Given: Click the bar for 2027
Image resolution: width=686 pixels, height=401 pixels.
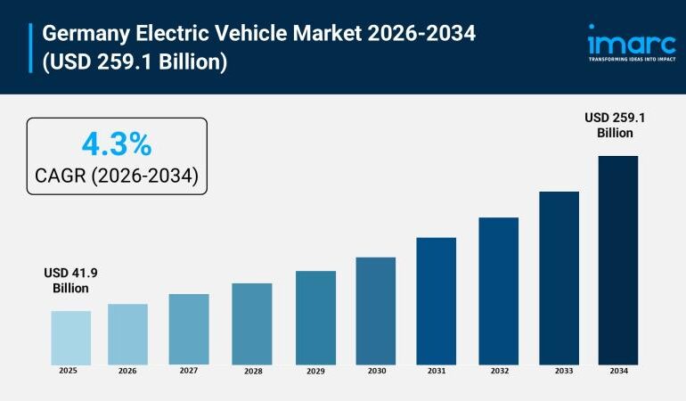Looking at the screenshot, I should point(189,329).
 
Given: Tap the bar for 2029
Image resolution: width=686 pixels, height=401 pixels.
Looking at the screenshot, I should point(315,317).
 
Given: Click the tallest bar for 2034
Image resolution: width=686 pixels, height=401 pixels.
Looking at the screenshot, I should point(617,259).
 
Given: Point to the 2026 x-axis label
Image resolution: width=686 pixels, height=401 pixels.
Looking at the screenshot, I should point(128,371).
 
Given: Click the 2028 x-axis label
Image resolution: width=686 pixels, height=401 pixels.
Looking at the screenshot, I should point(252,371).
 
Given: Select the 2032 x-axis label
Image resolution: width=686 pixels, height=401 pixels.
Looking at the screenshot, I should point(498,371).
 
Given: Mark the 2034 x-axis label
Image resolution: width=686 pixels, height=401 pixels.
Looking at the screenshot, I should point(617,371).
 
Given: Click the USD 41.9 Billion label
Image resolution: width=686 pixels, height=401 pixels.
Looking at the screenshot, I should point(70,281).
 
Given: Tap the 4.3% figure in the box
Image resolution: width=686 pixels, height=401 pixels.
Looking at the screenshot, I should point(117,143).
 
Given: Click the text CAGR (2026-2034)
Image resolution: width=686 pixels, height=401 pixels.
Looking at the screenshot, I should point(117,176).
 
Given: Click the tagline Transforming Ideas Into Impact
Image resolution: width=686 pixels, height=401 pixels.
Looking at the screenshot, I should point(632,60).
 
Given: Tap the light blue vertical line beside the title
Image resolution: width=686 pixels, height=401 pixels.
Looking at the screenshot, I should point(31,48).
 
